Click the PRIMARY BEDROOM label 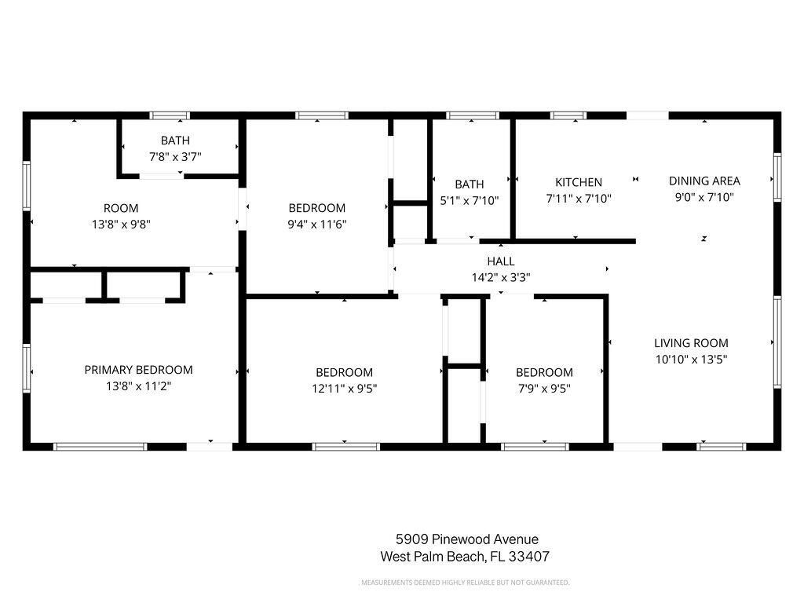(x=138, y=370)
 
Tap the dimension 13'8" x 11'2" (x=138, y=386)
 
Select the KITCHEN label (x=579, y=182)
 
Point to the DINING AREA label (x=704, y=181)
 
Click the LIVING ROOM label (x=691, y=343)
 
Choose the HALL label (x=501, y=261)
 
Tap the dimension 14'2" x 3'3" (x=501, y=277)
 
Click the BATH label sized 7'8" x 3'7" (x=175, y=141)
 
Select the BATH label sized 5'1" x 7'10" (x=470, y=185)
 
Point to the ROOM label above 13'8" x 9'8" (x=121, y=208)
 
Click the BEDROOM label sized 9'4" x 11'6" (x=317, y=208)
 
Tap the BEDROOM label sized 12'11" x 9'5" (x=344, y=372)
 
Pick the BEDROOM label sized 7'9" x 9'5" (x=544, y=372)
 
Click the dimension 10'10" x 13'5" (x=691, y=359)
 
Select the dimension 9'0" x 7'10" (x=704, y=197)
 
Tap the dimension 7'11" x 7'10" (x=579, y=199)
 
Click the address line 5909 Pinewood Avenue (x=467, y=539)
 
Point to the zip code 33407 (x=528, y=557)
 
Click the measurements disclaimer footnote (x=465, y=583)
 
